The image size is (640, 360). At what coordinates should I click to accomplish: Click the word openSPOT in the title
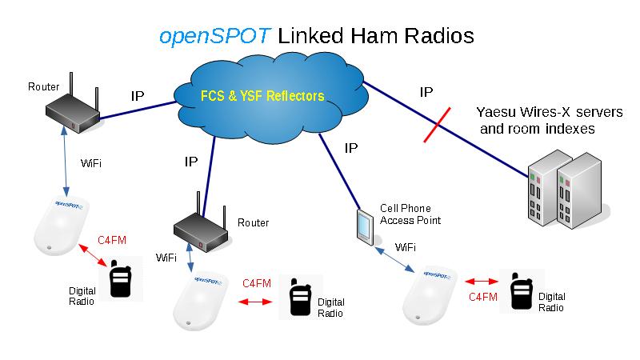tap(216, 36)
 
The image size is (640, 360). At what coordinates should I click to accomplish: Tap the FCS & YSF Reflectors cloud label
tap(262, 96)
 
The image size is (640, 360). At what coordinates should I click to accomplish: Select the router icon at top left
tap(70, 108)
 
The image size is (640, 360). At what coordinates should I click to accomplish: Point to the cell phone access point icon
tap(366, 226)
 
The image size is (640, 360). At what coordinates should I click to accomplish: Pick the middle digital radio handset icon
tap(299, 298)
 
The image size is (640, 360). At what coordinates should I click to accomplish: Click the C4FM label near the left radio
tap(111, 239)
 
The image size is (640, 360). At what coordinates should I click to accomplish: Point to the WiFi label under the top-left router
tap(91, 163)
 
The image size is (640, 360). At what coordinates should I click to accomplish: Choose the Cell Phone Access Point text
tap(410, 214)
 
